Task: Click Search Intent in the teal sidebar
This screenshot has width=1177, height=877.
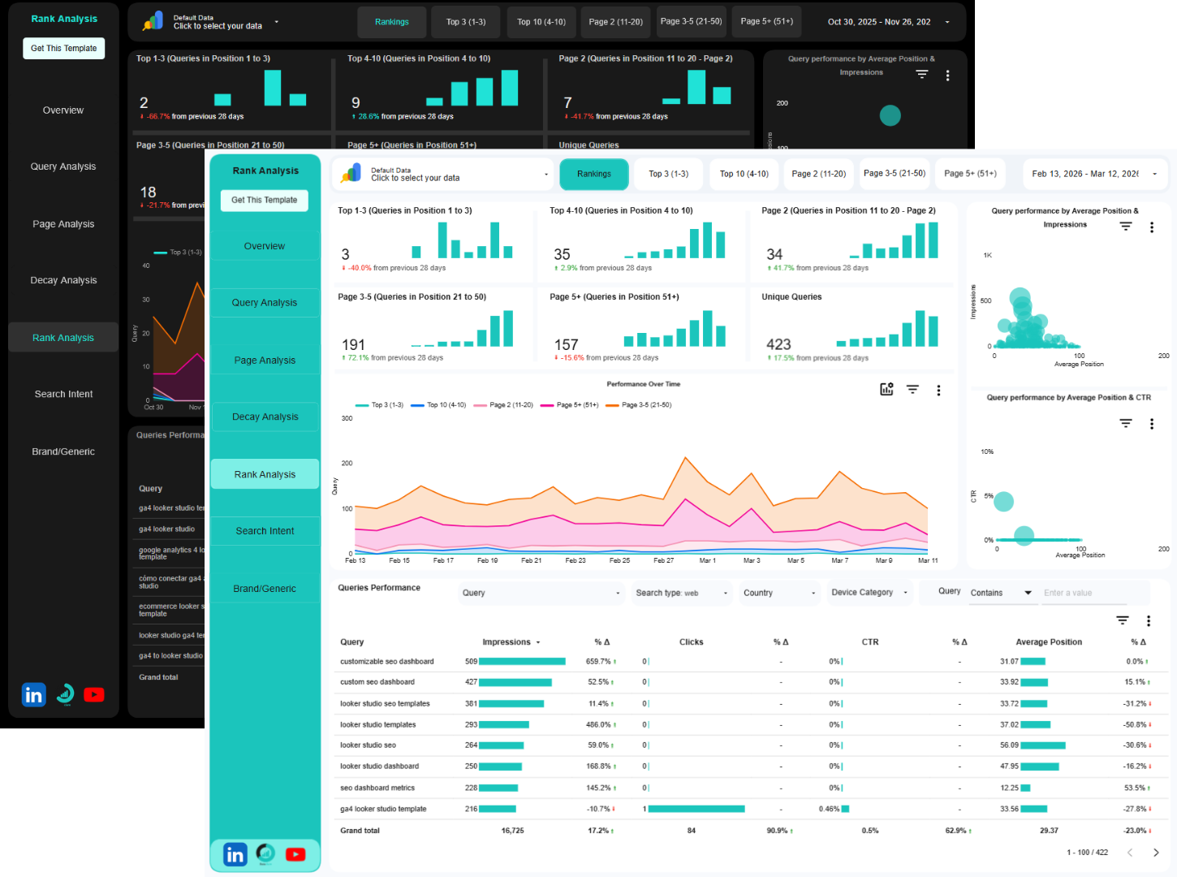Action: (x=265, y=531)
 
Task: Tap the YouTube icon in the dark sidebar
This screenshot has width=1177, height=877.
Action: (x=94, y=695)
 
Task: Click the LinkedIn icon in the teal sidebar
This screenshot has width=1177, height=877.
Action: (x=235, y=854)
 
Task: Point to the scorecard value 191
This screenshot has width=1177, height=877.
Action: (x=353, y=344)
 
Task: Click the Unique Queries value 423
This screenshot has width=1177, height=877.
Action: (x=778, y=344)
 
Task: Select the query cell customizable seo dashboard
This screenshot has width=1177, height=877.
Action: (x=387, y=662)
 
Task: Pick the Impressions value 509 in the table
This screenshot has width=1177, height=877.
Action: (x=471, y=662)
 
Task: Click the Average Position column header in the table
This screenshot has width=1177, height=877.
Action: (x=1048, y=642)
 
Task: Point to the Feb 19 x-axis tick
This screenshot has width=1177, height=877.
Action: (x=487, y=560)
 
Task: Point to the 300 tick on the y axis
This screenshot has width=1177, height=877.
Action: (x=347, y=418)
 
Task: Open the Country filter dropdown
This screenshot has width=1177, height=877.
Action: (x=778, y=593)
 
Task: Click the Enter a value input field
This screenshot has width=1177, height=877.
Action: (x=1084, y=593)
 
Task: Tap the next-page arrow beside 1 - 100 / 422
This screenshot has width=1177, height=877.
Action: (x=1156, y=852)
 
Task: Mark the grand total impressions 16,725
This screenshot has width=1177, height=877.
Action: (x=512, y=831)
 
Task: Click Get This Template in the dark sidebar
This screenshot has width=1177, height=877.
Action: (x=63, y=49)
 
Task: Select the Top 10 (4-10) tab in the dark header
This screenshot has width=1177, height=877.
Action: (x=541, y=22)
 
